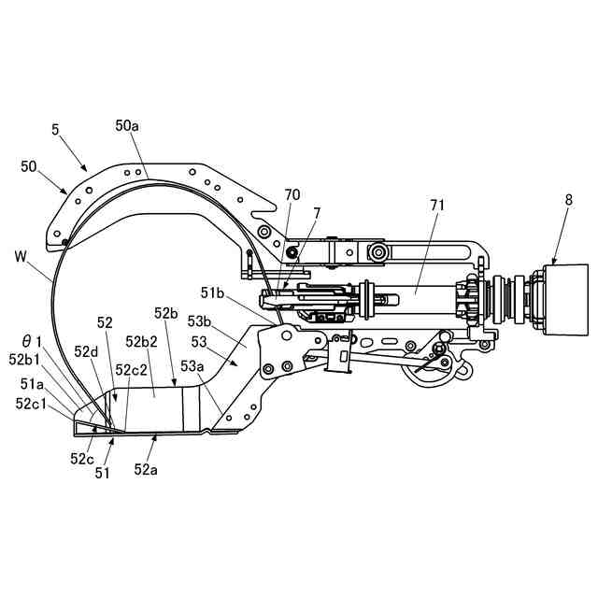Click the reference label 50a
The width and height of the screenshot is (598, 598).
(128, 124)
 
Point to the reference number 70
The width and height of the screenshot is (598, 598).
(292, 195)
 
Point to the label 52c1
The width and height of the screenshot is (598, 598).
(35, 403)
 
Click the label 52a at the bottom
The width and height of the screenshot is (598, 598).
(147, 468)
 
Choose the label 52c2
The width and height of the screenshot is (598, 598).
(132, 369)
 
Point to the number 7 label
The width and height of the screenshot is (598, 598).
(317, 214)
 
